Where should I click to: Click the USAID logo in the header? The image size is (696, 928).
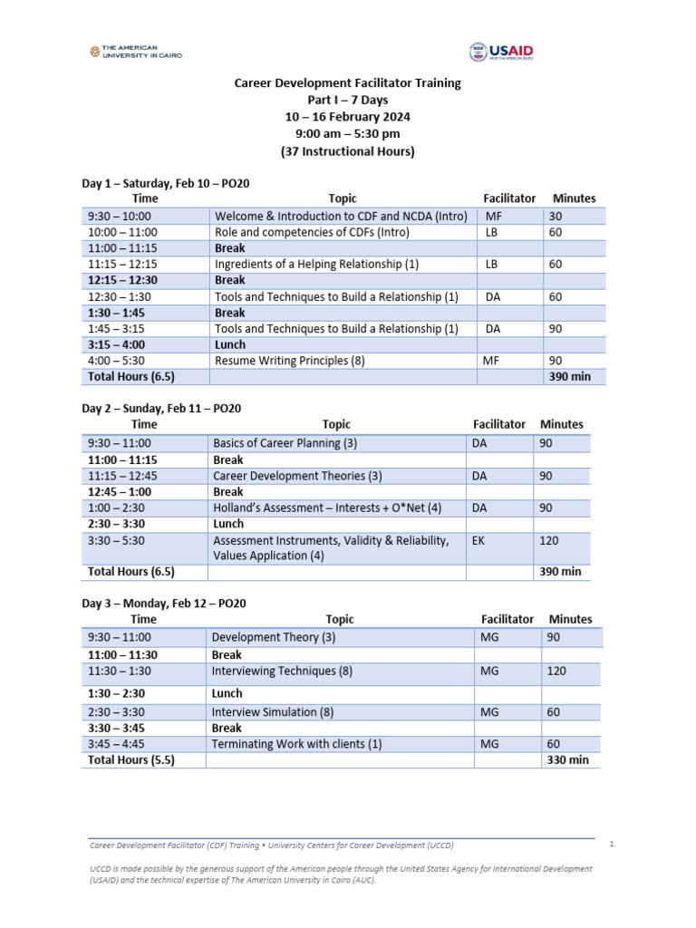click(500, 53)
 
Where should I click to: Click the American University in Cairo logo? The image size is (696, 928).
click(136, 52)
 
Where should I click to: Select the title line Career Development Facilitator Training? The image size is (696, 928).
click(348, 82)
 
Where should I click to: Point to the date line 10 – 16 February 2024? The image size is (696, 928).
click(348, 117)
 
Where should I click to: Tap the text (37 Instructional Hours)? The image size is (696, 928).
click(348, 151)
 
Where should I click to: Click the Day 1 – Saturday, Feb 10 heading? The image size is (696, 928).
click(165, 183)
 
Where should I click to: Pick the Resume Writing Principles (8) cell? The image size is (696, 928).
click(289, 361)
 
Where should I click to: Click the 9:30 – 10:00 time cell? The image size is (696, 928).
click(120, 217)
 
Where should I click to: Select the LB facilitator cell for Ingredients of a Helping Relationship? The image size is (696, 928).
click(492, 265)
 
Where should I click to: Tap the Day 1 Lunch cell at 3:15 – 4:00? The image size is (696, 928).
click(229, 344)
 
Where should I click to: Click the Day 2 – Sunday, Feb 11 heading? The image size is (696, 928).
click(161, 409)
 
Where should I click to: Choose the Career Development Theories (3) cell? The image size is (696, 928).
click(285, 476)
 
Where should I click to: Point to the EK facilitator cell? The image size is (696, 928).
click(478, 540)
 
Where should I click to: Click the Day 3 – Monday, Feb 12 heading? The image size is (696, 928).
click(163, 604)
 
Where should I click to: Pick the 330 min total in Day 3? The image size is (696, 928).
click(567, 760)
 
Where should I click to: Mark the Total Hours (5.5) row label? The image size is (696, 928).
click(130, 760)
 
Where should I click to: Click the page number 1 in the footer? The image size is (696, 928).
click(612, 844)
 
